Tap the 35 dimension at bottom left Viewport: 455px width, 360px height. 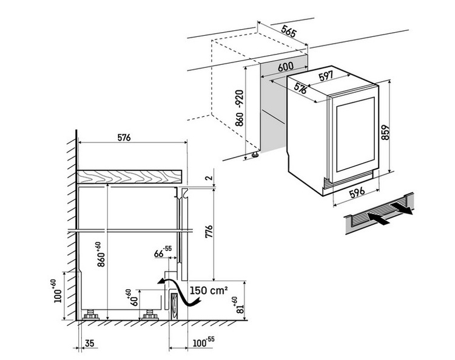(x=90, y=344)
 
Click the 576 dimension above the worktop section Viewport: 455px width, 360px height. (x=123, y=138)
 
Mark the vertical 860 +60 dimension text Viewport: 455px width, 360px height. (x=101, y=254)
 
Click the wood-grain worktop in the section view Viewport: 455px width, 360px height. (x=130, y=176)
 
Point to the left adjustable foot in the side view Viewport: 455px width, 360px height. (x=91, y=315)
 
